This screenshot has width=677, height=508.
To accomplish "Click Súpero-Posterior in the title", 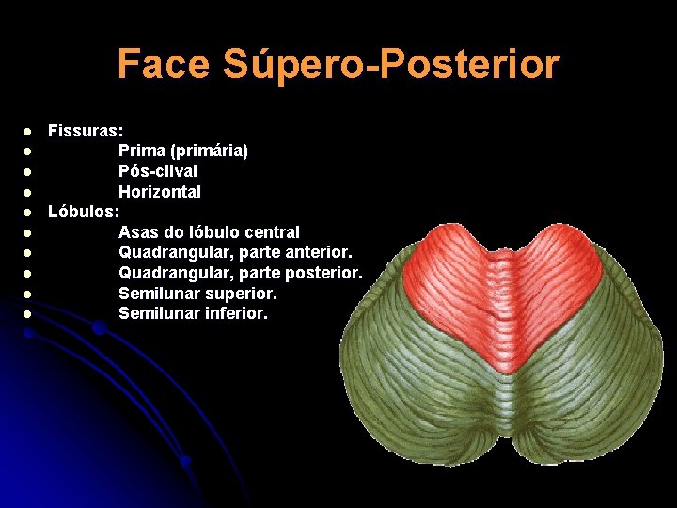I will coord(391,65).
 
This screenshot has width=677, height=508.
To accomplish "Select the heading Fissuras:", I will coord(86,130).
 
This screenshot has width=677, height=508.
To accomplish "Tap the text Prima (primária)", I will coord(183,151).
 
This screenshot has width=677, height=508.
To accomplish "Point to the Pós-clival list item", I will coord(158,171).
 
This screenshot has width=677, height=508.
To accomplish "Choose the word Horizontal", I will coord(160,192).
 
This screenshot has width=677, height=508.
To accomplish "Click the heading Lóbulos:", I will coord(84,212).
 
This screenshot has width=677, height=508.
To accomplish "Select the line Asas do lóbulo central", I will coord(209,232).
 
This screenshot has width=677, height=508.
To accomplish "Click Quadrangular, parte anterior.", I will coord(235,252).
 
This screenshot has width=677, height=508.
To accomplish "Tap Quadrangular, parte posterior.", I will coord(240,273).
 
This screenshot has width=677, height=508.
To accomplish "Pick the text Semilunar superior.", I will coord(197,294).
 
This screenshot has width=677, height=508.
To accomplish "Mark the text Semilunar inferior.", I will coord(193,313).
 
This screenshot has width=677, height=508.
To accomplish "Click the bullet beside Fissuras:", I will coord(29,131).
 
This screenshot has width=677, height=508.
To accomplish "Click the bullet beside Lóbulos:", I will coord(29,213).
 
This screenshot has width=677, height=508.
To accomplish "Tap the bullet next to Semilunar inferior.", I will coord(29,314).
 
